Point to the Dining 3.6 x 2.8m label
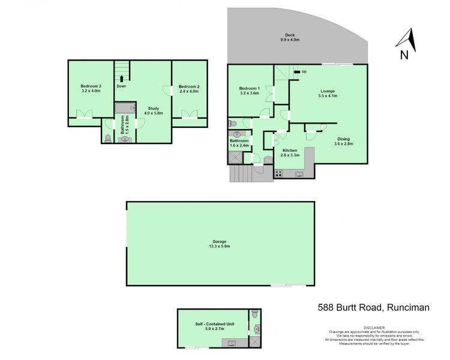344,142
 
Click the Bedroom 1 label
248,91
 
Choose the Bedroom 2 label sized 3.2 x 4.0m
91,89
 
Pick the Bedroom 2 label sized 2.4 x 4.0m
188,89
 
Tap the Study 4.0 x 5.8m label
154,110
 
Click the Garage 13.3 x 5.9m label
220,244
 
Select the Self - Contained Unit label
214,326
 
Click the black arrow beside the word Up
296,73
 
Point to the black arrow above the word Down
122,77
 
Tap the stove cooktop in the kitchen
278,173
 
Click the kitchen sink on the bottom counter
298,174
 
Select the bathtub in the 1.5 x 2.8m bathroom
125,108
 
